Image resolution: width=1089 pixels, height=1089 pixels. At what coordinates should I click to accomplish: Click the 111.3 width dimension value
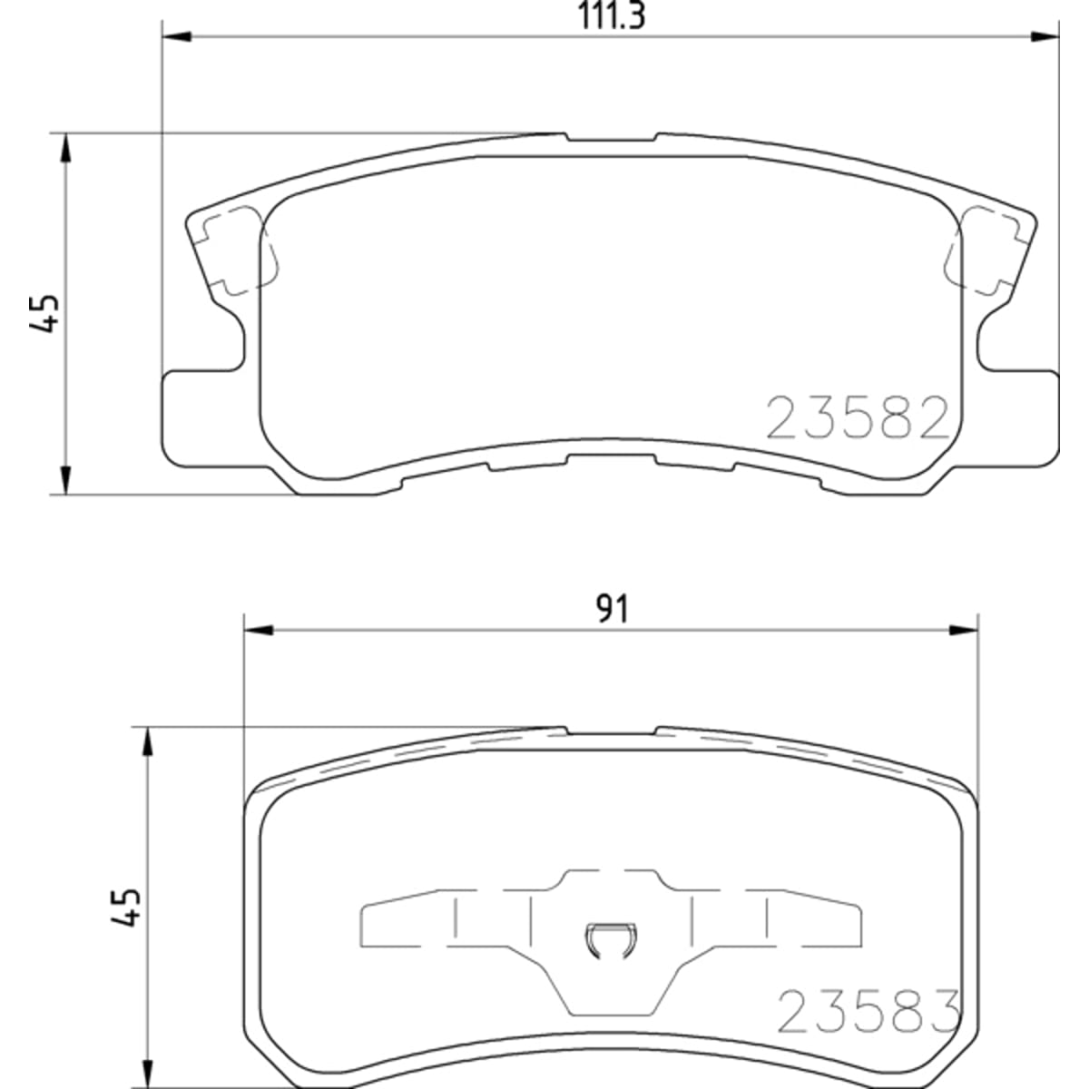pos(611,16)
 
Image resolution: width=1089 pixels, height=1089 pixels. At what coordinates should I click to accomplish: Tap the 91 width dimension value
pos(612,610)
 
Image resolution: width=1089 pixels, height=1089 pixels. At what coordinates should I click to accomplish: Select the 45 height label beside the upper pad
pos(44,313)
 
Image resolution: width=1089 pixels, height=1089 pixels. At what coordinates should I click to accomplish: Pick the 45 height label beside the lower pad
pos(125,907)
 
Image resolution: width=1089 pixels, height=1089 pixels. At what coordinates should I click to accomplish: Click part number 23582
pos(858,417)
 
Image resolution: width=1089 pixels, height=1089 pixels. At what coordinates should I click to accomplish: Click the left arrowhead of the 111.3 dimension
pos(177,37)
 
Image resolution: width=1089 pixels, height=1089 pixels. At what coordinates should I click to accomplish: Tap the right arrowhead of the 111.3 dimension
pos(1045,37)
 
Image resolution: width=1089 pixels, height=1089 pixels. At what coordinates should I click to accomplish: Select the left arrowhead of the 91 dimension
pos(259,630)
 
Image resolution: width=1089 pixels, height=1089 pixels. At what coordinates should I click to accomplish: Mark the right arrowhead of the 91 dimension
pos(963,630)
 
